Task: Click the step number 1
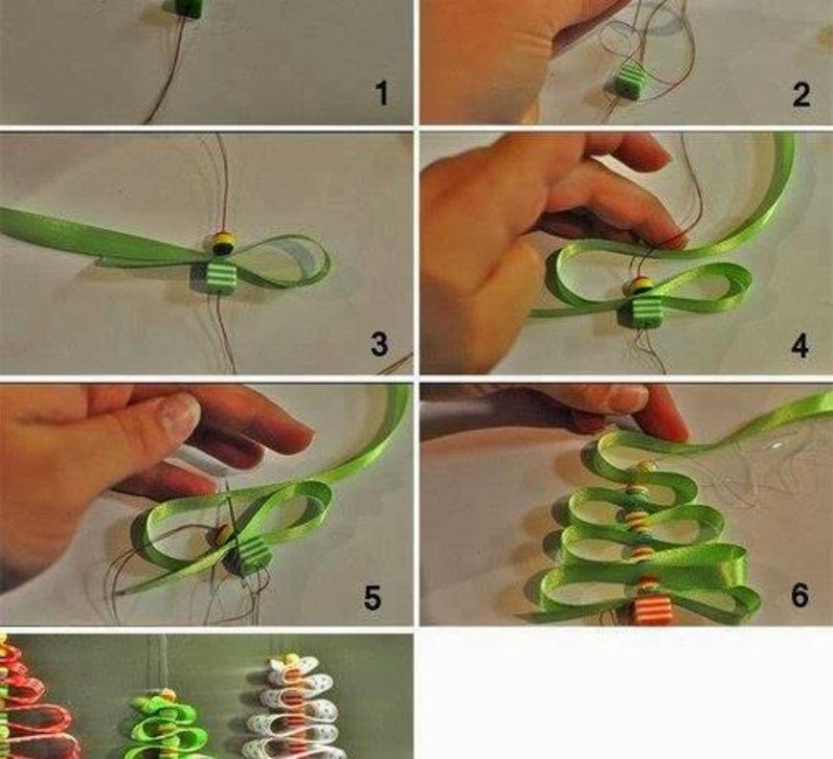pos(382,93)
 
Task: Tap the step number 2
pos(801,95)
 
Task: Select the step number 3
pos(379,344)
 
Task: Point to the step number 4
pos(800,345)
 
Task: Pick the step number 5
pos(372,597)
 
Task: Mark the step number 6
pos(800,595)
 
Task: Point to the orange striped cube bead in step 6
pos(649,611)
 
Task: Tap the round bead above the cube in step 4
pos(641,285)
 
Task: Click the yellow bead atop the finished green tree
pos(167,695)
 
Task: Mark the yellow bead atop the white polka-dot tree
pos(291,659)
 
